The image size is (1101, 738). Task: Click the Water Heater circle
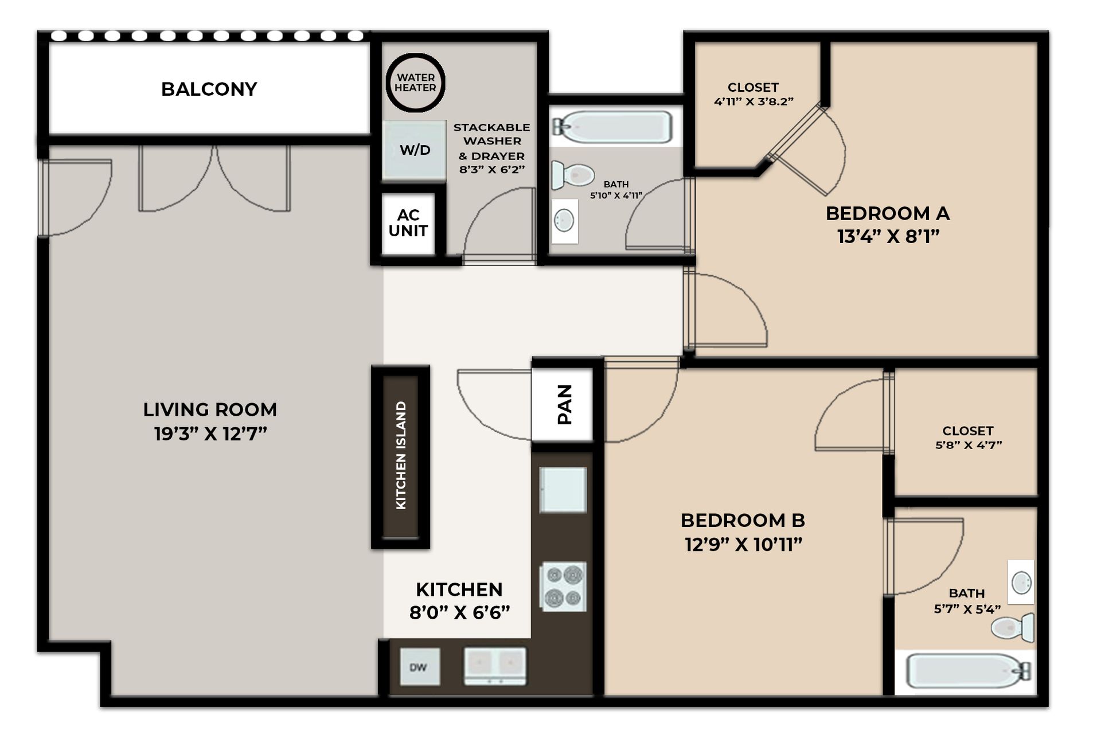pos(415,83)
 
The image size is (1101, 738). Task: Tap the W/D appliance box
pos(415,150)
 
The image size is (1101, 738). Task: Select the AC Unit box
pos(408,223)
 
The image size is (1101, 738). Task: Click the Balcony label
pos(209,89)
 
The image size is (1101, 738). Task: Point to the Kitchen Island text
pos(401,455)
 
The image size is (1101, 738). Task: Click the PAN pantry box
pos(563,404)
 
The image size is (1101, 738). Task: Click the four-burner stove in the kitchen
pos(563,587)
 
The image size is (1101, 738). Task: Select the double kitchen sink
pos(495,666)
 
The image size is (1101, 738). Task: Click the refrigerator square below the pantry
pos(563,489)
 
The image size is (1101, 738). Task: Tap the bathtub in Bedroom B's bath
pos(966,671)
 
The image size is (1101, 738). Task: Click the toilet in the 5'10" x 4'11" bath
pos(572,175)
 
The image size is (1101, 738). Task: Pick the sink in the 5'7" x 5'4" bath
pos(1021,583)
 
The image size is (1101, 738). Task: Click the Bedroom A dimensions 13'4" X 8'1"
pos(888,236)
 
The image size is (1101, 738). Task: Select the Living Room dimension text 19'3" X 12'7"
pos(210,434)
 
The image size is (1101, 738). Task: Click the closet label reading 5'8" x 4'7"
pos(968,445)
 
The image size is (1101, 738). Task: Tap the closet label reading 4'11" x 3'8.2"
pos(753,101)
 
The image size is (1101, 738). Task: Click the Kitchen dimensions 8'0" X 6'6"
pos(459,612)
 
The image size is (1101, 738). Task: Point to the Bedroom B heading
pos(743,520)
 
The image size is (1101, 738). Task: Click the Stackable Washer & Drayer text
pos(491,148)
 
